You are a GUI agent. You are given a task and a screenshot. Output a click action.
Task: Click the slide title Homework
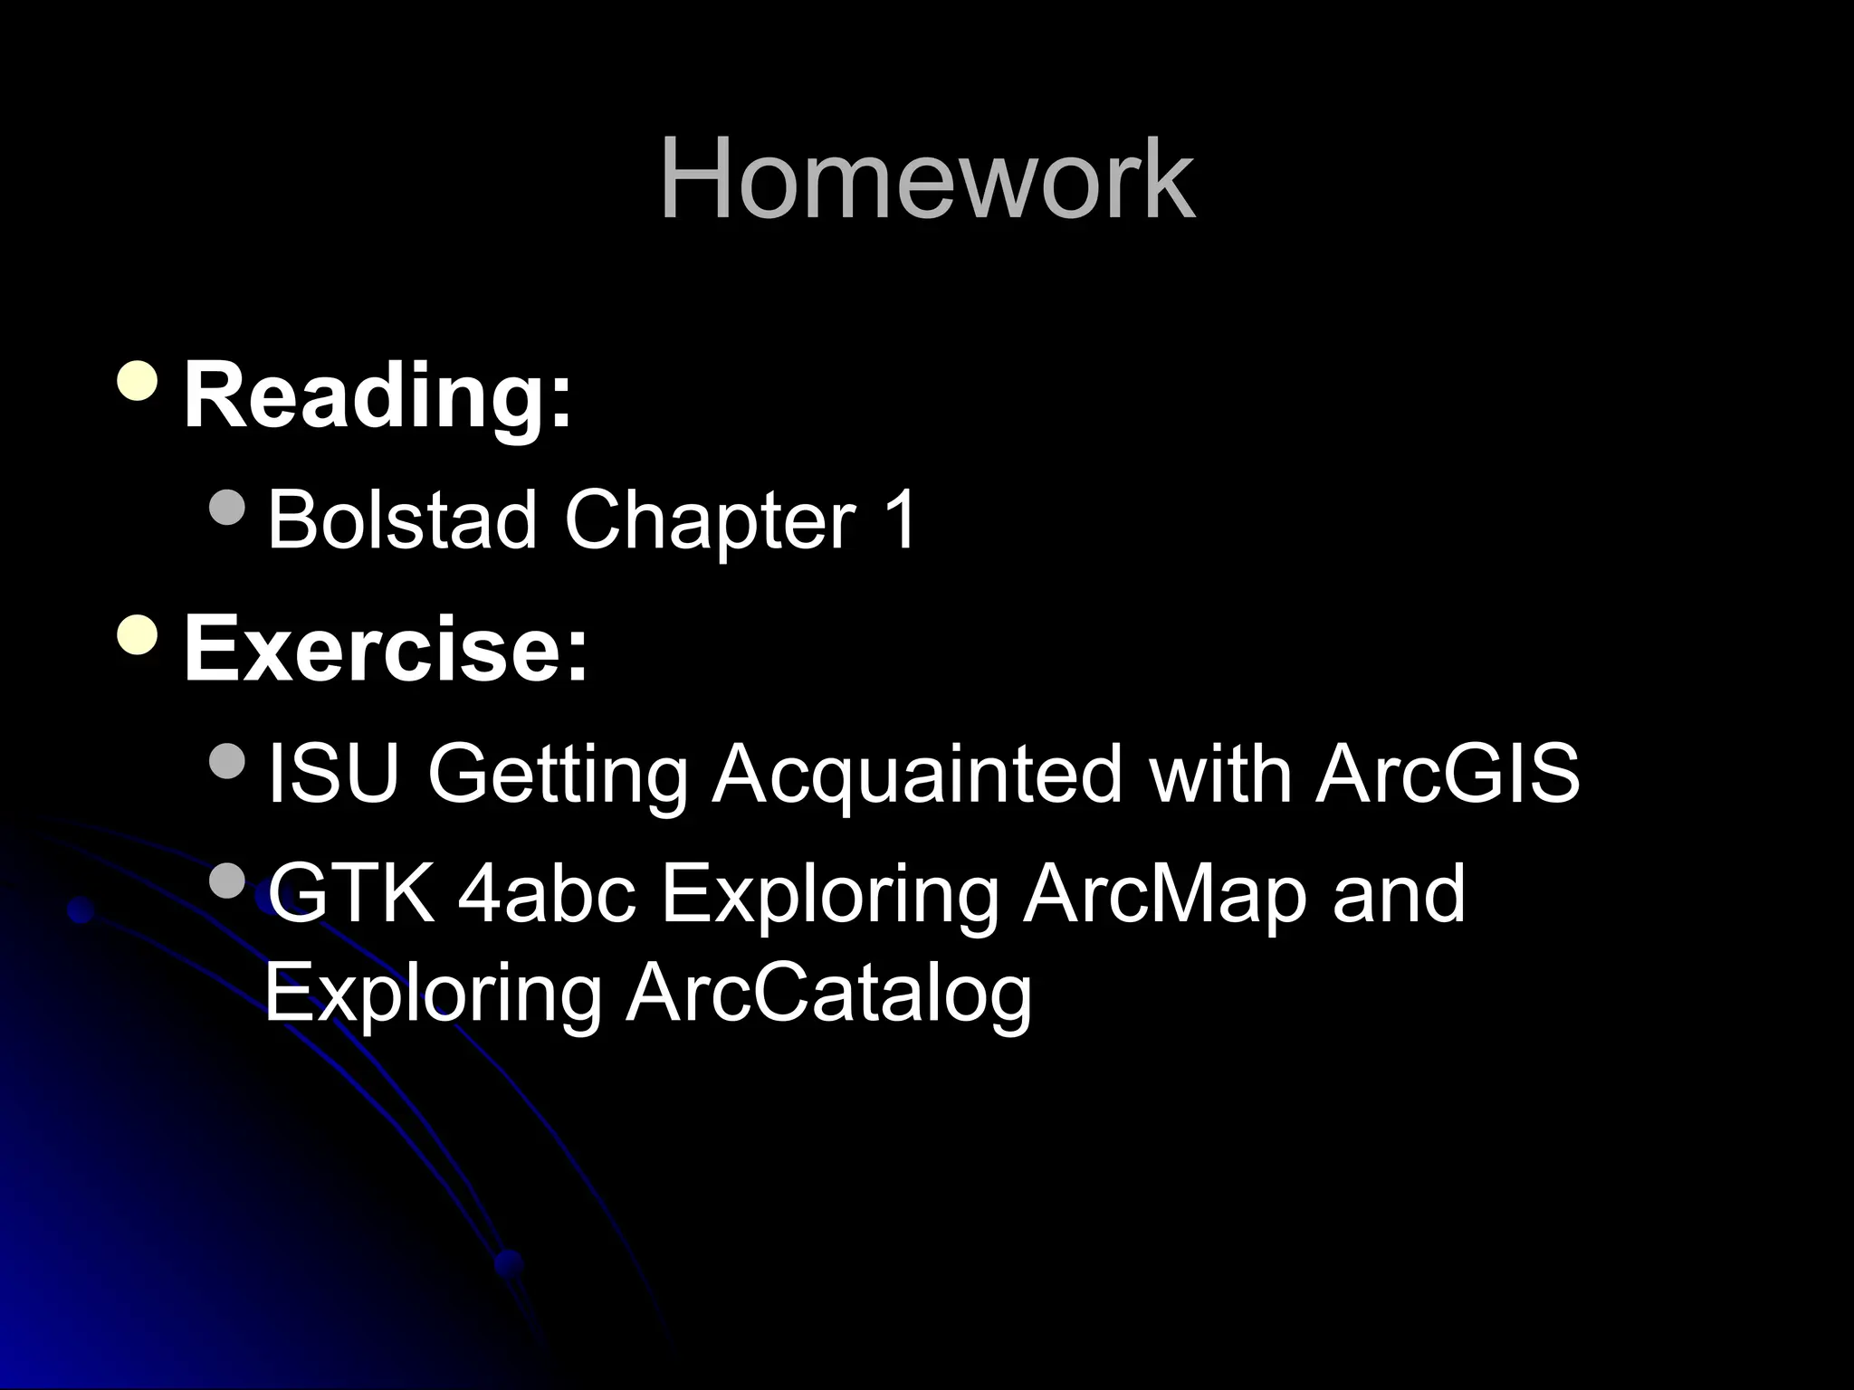click(927, 178)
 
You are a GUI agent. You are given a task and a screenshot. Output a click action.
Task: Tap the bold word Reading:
click(378, 395)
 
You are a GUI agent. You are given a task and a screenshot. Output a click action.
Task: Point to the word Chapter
click(710, 522)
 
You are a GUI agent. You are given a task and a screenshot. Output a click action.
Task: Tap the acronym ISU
click(333, 774)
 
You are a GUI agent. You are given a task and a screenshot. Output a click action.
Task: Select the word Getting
click(558, 776)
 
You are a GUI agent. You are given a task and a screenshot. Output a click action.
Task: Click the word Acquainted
click(917, 776)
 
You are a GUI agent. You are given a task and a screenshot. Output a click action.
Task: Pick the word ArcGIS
click(1448, 774)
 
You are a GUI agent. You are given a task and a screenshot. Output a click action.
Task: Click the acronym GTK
click(351, 893)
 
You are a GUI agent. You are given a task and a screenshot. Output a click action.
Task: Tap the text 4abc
click(546, 893)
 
